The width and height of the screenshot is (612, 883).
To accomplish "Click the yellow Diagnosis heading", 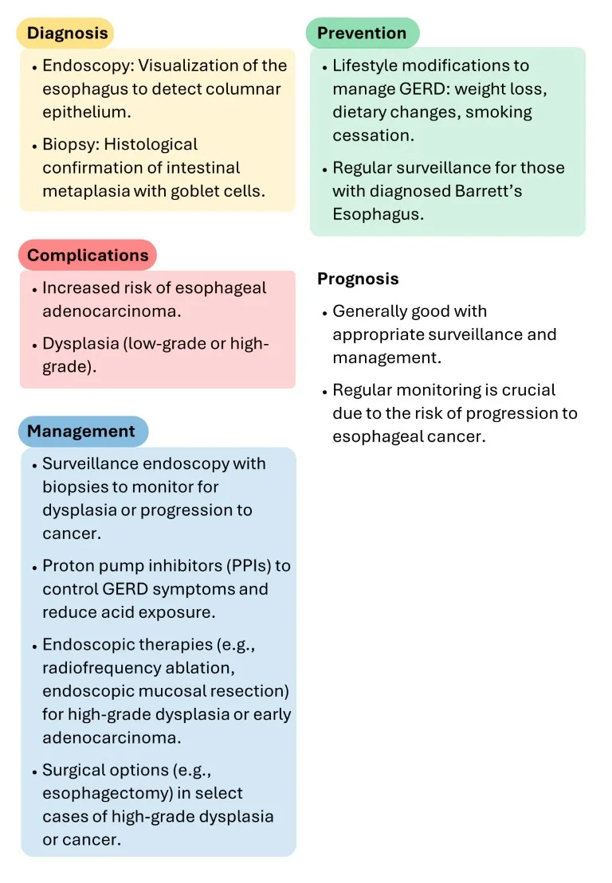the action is (67, 33).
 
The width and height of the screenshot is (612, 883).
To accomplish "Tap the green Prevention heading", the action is (362, 33).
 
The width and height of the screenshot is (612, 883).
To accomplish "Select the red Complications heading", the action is (88, 256).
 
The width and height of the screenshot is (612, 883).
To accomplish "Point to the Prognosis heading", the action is (358, 279).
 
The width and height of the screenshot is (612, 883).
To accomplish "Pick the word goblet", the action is (195, 191).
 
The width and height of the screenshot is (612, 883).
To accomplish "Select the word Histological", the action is (151, 145).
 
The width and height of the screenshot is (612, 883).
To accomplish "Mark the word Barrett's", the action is (488, 191).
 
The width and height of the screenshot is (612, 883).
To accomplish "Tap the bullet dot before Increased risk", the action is (35, 290).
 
